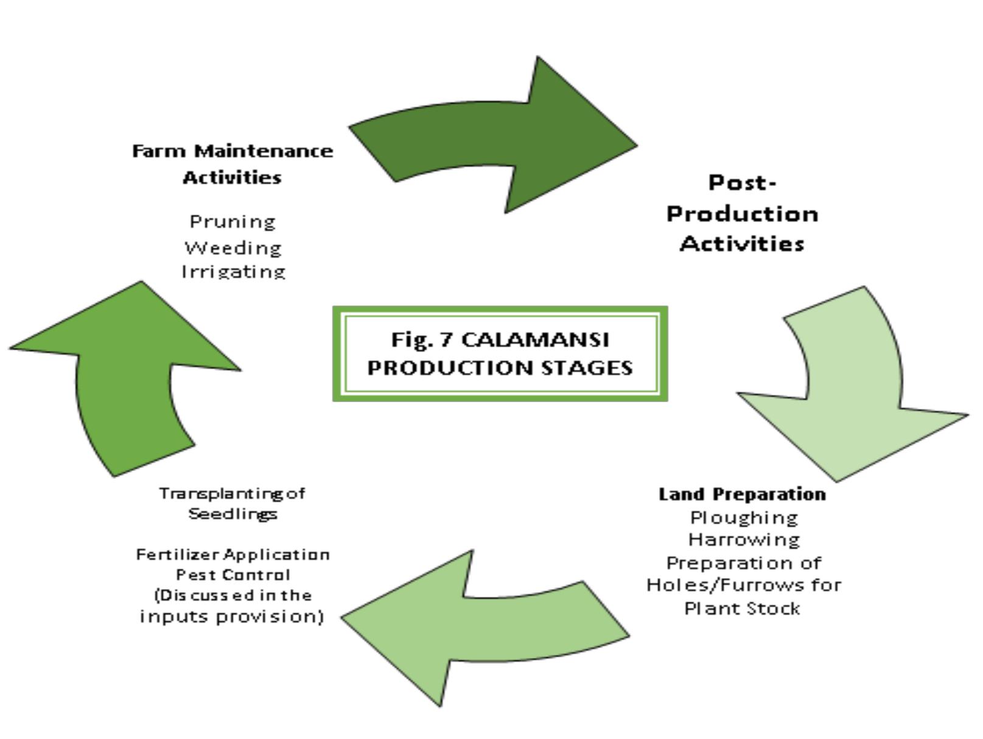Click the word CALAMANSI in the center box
535,339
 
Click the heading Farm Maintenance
233,150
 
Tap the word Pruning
233,221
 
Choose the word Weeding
233,248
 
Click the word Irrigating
233,272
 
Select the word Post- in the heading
742,182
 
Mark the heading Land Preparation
742,494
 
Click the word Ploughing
743,518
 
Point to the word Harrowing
743,540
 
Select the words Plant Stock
742,608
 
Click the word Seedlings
233,514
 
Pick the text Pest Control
233,575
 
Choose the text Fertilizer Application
233,554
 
